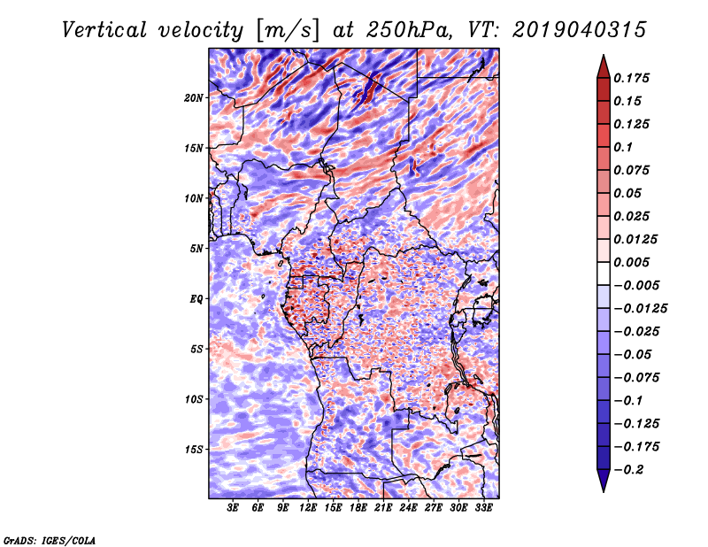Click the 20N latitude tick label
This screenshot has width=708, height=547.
pyautogui.click(x=194, y=97)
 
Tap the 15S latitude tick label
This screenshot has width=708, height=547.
pyautogui.click(x=194, y=450)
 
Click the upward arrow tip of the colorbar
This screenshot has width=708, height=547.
pyautogui.click(x=602, y=57)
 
